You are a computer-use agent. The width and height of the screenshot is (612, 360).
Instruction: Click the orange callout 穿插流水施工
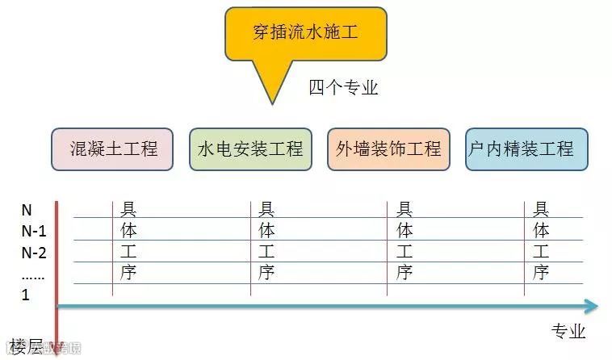[305, 35]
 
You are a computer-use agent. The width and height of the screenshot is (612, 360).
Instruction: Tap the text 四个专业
[343, 87]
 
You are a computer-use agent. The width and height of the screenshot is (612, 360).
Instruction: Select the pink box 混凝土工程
[113, 149]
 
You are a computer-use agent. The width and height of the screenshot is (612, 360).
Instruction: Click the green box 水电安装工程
[250, 149]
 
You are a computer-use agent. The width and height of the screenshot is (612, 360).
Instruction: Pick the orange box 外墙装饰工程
[389, 149]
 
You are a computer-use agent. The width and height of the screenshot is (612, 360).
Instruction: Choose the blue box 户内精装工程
[526, 149]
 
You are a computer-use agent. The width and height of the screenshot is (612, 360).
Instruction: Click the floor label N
[26, 210]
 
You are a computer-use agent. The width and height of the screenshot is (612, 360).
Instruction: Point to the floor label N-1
[32, 231]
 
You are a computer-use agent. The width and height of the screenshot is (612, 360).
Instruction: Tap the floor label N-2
[33, 252]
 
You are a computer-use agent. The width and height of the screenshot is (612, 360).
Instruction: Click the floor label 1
[25, 295]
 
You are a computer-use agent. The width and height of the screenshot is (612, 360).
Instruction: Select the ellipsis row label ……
[32, 274]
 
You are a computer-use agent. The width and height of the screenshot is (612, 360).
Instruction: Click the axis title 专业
[568, 331]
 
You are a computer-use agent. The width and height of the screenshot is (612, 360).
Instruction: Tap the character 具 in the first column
[128, 210]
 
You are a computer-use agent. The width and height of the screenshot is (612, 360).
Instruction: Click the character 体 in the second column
[267, 231]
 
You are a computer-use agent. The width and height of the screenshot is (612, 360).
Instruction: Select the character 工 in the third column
[405, 252]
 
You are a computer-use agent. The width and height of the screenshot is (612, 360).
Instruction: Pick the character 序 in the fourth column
[542, 273]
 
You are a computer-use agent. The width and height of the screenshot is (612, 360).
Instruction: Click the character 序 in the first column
[128, 273]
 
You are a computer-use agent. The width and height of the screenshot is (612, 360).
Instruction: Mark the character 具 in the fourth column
[542, 210]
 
